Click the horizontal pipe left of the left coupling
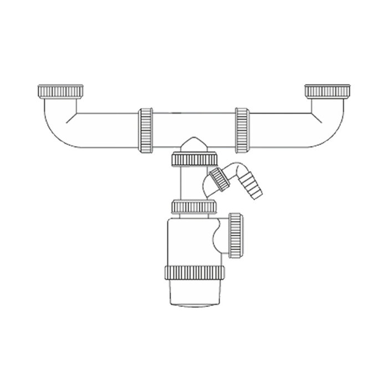(x=105, y=129)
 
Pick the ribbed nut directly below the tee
(x=193, y=160)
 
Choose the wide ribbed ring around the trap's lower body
(x=193, y=273)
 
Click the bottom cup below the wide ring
(x=193, y=294)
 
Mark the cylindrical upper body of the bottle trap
(x=188, y=241)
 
